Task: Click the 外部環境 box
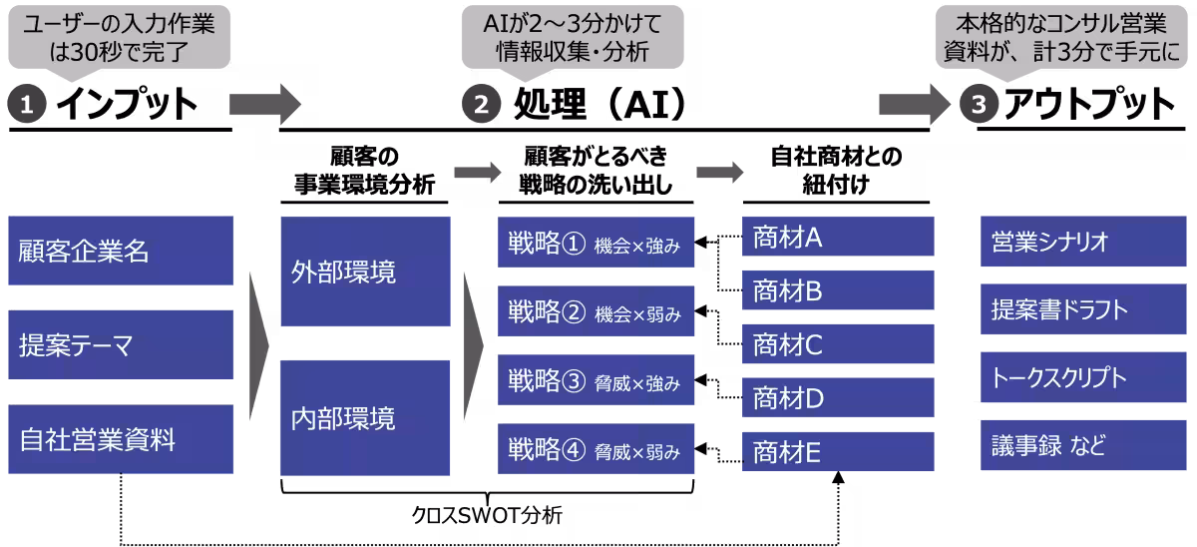(x=365, y=272)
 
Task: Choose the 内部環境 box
(x=365, y=417)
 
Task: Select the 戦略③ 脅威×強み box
(x=595, y=381)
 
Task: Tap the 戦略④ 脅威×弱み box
(x=595, y=450)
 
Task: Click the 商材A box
(x=838, y=237)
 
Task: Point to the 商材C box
(x=838, y=345)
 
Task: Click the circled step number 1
(x=27, y=104)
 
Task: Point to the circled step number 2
(x=481, y=104)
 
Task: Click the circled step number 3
(x=979, y=104)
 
